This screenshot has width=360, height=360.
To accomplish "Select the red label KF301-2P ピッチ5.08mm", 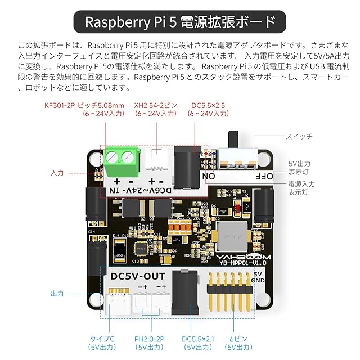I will (x=84, y=105).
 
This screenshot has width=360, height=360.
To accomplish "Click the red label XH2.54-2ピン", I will (x=155, y=105).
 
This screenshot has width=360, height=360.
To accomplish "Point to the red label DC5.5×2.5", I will (x=208, y=105).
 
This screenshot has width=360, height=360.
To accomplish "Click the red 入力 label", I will (x=57, y=173).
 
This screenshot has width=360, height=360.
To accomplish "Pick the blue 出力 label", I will (x=57, y=294).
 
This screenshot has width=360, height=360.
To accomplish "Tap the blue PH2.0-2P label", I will (x=148, y=339).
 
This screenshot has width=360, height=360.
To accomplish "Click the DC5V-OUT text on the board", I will (x=138, y=277).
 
